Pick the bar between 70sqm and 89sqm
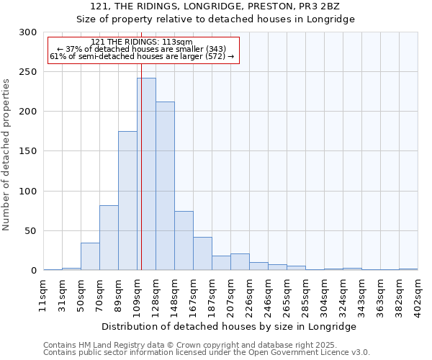[109, 238]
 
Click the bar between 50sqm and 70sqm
[90, 256]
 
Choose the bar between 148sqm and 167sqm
[184, 240]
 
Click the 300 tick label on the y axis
[28, 32]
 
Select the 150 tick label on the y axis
[28, 151]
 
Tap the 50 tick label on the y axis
[31, 231]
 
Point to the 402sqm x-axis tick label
[418, 293]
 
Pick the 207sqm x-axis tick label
[231, 293]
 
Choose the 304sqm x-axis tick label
[325, 293]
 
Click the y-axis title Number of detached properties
[6, 151]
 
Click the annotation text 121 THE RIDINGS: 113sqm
[142, 42]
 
